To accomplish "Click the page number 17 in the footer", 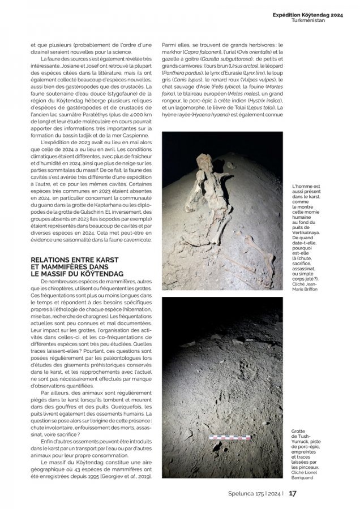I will tap(293, 493).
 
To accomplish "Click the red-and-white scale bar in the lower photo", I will tap(230, 437).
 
